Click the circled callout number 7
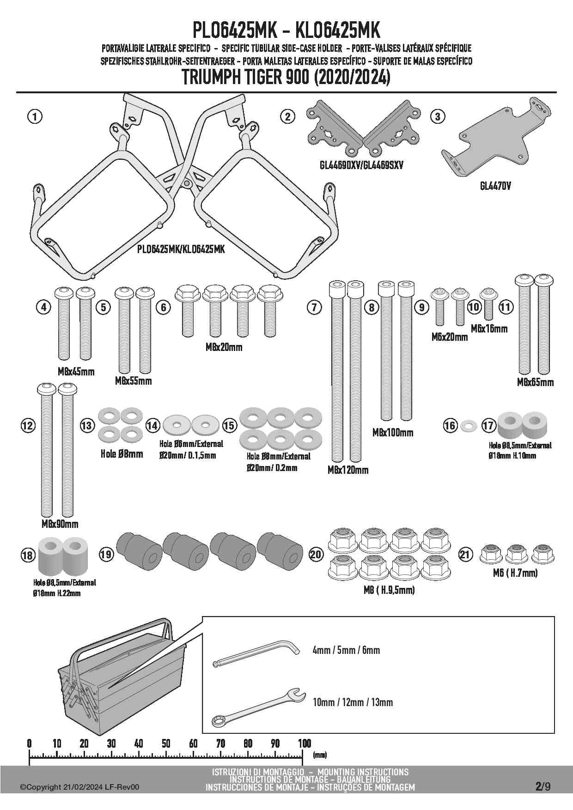coord(314,307)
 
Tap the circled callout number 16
coord(450,425)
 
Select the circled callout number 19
coord(106,554)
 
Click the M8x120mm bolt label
coord(348,470)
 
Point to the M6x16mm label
coord(489,329)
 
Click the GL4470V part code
coord(495,187)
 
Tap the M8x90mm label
coord(60,524)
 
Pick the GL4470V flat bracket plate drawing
coord(494,139)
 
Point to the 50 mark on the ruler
coord(166,744)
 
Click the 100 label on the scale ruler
coord(304,744)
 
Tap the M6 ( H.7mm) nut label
coord(514,573)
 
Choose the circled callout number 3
coord(437,116)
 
